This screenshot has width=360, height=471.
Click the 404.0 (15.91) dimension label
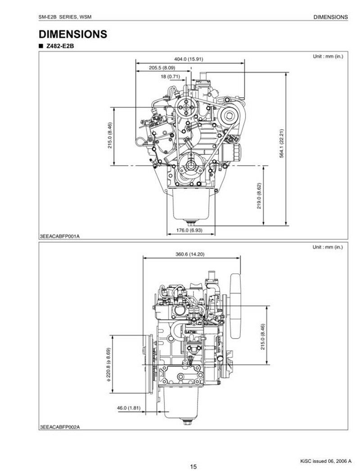click(x=189, y=59)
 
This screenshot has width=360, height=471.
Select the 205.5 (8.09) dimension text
click(x=162, y=68)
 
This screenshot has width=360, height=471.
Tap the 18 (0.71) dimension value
click(x=170, y=76)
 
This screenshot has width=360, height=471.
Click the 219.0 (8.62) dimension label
click(x=259, y=196)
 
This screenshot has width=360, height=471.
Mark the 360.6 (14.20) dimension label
click(x=190, y=254)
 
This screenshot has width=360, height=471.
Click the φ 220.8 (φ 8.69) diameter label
click(x=108, y=365)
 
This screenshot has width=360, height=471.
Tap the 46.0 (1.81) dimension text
click(x=129, y=408)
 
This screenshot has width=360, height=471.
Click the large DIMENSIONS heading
click(x=73, y=34)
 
